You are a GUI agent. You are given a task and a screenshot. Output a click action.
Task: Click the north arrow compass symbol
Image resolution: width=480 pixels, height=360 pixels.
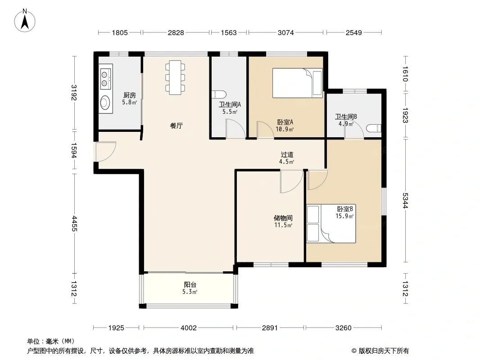click(x=25, y=21)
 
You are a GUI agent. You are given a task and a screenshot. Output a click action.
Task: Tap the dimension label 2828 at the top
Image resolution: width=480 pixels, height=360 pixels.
click(x=176, y=32)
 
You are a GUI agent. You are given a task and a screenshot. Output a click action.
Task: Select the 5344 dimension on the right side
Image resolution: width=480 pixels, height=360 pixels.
click(x=405, y=200)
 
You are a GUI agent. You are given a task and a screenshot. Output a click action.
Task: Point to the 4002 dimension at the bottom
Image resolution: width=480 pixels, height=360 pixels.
click(x=189, y=328)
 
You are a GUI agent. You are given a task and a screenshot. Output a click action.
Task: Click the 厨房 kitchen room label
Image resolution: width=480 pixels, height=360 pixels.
click(x=130, y=95)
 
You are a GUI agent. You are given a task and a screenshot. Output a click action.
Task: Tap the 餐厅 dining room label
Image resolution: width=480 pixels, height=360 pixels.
click(x=177, y=126)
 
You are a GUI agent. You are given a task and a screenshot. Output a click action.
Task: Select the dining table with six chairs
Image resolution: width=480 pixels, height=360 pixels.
click(x=175, y=77)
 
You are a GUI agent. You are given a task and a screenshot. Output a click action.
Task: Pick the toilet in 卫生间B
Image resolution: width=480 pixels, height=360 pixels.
click(x=374, y=128)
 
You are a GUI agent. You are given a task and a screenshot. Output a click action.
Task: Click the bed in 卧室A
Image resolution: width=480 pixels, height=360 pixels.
click(x=298, y=83)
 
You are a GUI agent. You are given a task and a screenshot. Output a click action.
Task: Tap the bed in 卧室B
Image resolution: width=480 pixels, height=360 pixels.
click(x=331, y=224)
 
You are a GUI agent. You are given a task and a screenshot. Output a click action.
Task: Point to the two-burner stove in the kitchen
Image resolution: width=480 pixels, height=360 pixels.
click(x=106, y=79)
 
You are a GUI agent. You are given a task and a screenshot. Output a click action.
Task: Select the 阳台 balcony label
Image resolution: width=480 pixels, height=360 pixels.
click(x=190, y=284)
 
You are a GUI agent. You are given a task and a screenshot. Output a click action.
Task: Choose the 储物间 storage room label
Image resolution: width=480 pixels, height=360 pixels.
click(x=283, y=218)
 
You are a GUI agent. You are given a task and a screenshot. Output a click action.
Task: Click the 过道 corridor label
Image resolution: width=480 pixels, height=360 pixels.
click(x=287, y=155)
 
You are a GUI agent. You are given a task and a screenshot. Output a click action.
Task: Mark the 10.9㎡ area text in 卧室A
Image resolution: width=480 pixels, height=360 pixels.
click(x=285, y=129)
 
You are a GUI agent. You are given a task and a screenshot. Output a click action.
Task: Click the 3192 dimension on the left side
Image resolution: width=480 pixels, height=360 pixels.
click(x=74, y=92)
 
